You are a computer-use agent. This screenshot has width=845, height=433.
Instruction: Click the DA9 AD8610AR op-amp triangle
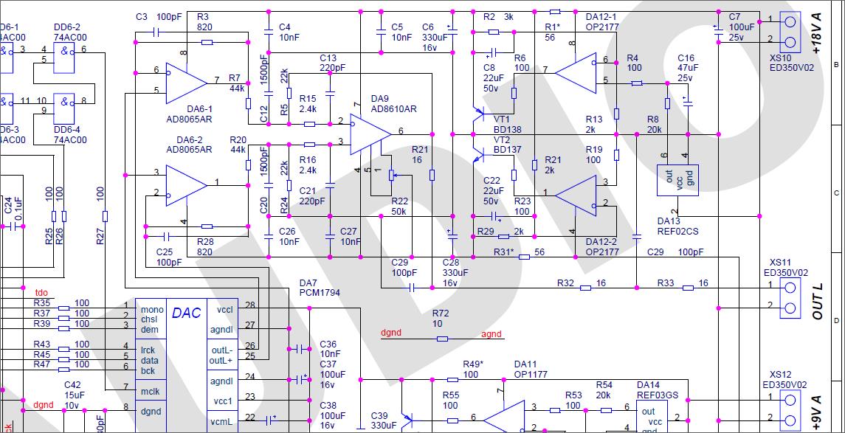368,131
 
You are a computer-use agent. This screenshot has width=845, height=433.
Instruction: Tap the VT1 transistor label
502,119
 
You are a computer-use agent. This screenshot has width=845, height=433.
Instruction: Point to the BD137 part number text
507,150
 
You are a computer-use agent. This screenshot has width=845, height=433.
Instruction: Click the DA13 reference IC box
677,180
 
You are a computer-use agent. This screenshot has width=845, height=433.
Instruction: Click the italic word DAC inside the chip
185,313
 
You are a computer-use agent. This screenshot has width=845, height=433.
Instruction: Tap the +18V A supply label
816,33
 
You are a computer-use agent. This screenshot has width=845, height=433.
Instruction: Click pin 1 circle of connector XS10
790,21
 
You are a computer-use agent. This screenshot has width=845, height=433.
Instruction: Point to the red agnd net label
492,334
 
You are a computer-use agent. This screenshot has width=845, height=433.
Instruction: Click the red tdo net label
42,291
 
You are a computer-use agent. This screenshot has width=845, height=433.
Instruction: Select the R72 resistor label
441,314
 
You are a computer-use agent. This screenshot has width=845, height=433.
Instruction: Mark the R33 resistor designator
666,283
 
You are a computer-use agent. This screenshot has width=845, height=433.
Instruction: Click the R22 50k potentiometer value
399,212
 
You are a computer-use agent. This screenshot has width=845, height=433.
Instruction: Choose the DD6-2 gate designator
67,27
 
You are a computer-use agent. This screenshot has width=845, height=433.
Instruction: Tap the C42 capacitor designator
72,385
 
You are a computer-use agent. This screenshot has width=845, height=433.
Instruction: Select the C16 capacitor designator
686,58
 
